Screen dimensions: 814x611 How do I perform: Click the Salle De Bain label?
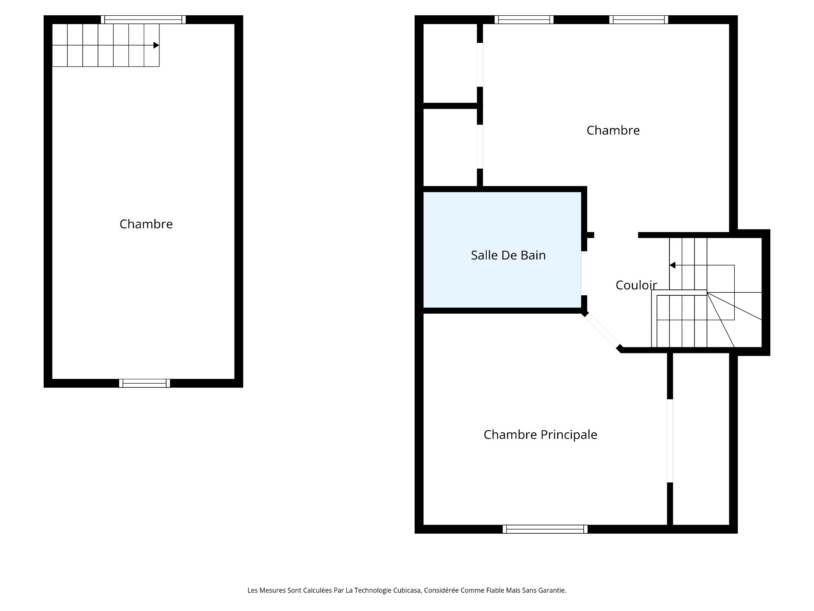pyautogui.click(x=508, y=255)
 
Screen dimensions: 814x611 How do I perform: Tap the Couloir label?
pyautogui.click(x=636, y=285)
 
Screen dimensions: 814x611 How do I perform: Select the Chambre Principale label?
pyautogui.click(x=541, y=434)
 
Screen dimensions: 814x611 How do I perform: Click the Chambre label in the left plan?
pyautogui.click(x=146, y=224)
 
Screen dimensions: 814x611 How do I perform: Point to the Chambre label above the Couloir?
pyautogui.click(x=613, y=130)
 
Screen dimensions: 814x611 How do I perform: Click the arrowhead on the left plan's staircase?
pyautogui.click(x=156, y=45)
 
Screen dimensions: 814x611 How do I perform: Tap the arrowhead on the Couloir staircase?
pyautogui.click(x=672, y=265)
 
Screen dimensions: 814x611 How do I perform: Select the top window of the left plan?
pyautogui.click(x=143, y=20)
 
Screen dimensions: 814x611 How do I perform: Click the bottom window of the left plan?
pyautogui.click(x=145, y=383)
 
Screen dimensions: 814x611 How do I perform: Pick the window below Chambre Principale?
pyautogui.click(x=545, y=529)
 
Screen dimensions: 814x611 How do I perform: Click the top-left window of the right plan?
pyautogui.click(x=524, y=20)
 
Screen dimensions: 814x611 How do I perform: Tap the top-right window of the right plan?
pyautogui.click(x=639, y=20)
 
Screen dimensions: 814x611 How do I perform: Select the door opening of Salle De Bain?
pyautogui.click(x=584, y=273)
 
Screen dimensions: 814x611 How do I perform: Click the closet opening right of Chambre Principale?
pyautogui.click(x=670, y=440)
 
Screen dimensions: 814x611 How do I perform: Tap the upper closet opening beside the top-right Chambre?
pyautogui.click(x=480, y=64)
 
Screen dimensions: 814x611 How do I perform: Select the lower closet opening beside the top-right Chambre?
pyautogui.click(x=480, y=146)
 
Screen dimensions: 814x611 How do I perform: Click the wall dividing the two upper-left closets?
pyautogui.click(x=451, y=106)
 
